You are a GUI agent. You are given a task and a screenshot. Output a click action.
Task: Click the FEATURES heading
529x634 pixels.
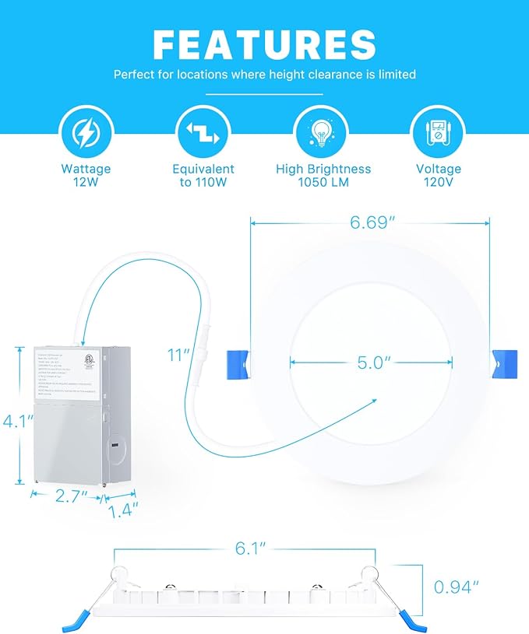tap(264, 44)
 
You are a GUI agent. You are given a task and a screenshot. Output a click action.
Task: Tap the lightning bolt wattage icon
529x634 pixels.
tap(86, 133)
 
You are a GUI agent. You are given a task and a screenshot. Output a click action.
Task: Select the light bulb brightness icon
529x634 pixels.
tap(323, 133)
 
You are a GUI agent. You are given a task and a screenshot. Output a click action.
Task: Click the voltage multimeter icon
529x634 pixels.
tap(438, 133)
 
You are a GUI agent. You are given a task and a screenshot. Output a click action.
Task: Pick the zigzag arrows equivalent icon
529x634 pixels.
tap(203, 133)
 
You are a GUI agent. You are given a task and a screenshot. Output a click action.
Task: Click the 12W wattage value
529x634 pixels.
tap(86, 182)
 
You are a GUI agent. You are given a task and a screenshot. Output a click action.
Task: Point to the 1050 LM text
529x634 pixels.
tap(323, 182)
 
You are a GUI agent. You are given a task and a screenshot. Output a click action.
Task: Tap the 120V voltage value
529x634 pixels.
tap(439, 182)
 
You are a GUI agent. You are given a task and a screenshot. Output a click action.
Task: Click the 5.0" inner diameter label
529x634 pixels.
tap(372, 361)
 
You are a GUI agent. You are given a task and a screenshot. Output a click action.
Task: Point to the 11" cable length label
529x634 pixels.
tap(179, 356)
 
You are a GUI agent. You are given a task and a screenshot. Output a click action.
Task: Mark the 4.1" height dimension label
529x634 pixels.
tap(17, 422)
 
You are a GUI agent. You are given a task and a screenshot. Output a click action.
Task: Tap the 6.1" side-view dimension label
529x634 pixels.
tap(245, 548)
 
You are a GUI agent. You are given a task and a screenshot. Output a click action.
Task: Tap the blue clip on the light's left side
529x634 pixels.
tap(236, 361)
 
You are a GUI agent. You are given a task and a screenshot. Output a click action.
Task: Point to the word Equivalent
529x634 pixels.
tap(203, 169)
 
